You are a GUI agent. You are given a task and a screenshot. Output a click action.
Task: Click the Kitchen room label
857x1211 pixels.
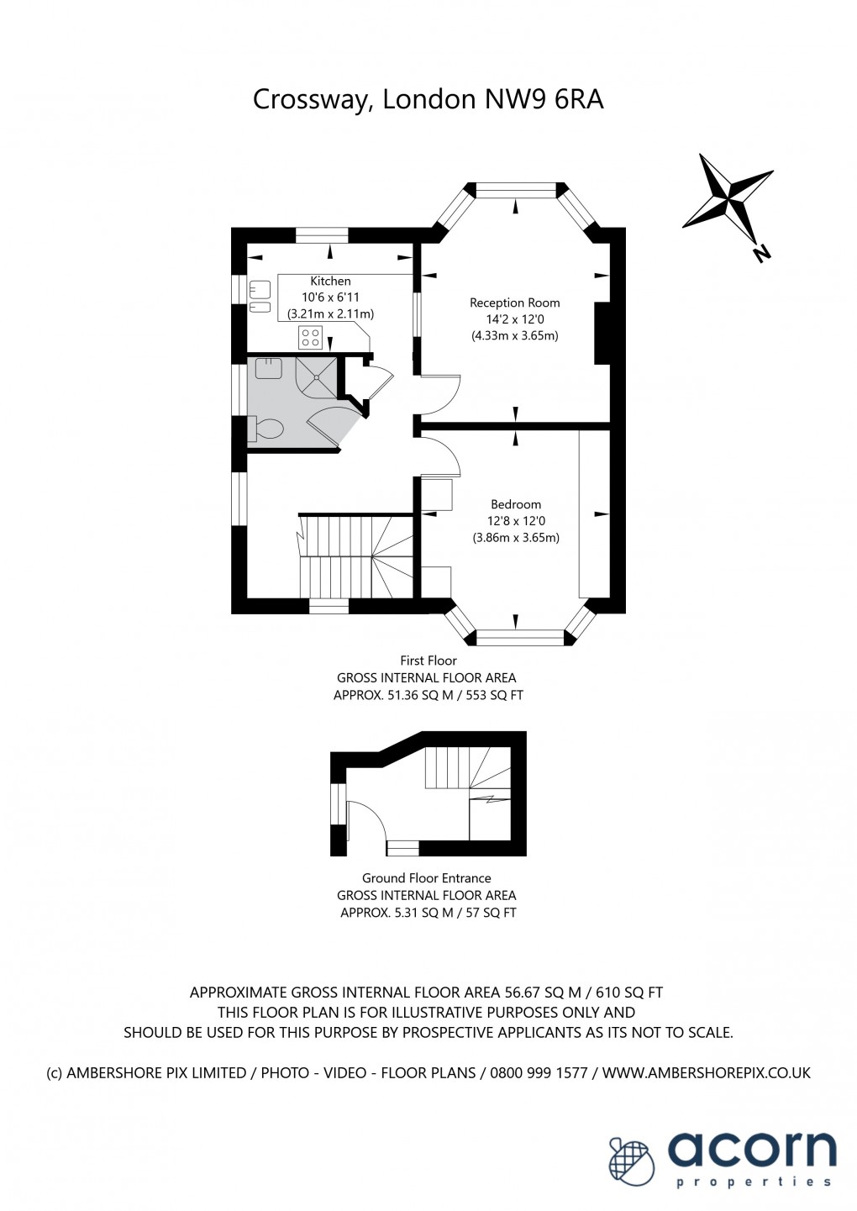click(x=330, y=281)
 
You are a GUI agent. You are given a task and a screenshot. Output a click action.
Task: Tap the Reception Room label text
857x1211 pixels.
click(x=514, y=303)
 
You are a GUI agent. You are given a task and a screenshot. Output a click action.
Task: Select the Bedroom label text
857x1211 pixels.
click(x=516, y=504)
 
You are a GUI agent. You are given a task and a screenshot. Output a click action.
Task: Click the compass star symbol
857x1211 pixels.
click(x=727, y=196)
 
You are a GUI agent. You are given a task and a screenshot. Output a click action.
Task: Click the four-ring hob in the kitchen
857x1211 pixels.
click(x=310, y=338)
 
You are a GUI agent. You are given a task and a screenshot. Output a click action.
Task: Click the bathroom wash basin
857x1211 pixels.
click(x=268, y=368)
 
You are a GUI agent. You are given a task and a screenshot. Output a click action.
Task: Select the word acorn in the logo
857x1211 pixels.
click(x=753, y=1149)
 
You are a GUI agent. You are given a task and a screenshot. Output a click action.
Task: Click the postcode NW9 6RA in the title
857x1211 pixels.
click(x=544, y=99)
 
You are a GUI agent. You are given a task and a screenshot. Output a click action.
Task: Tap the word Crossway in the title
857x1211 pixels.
click(x=310, y=100)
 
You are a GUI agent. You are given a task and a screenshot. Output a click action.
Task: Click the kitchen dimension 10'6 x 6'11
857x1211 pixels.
click(x=330, y=297)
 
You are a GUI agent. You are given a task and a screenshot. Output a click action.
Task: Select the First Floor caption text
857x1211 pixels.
click(x=428, y=661)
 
